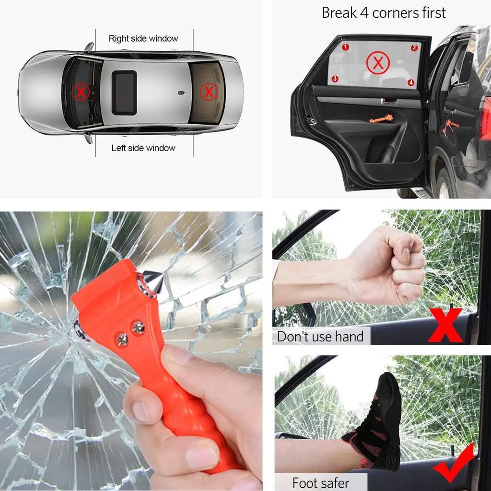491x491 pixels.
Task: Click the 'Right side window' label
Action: (143, 38)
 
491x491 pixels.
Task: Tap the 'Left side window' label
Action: (143, 148)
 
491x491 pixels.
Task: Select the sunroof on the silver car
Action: (124, 93)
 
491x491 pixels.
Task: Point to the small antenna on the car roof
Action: (181, 92)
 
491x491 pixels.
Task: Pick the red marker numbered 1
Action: (345, 47)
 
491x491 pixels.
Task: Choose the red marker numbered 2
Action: (414, 47)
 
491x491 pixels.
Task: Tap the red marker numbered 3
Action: (335, 79)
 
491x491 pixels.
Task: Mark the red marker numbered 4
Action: (411, 82)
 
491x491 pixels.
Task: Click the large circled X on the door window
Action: (378, 63)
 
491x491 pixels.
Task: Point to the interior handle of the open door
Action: (388, 101)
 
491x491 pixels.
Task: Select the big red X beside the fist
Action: (445, 326)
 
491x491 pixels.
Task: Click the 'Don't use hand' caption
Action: (320, 337)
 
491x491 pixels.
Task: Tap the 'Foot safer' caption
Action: (320, 482)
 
